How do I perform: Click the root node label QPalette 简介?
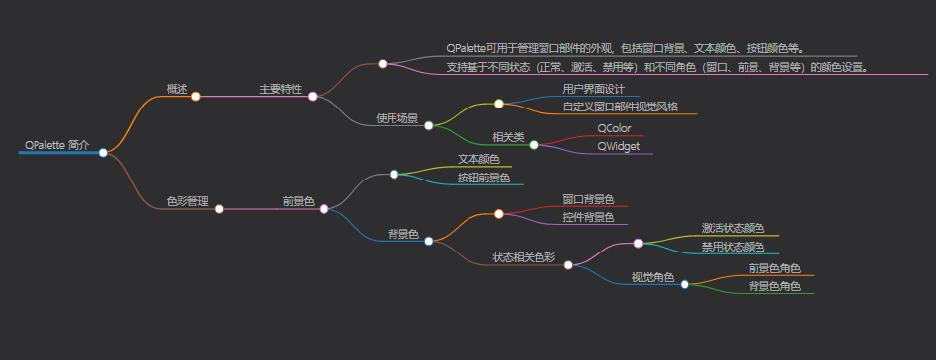tap(57, 145)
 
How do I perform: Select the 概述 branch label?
tap(177, 89)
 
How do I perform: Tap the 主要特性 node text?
tap(280, 89)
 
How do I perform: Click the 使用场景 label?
tap(396, 118)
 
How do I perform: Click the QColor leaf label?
tap(613, 128)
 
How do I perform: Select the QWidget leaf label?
tap(618, 146)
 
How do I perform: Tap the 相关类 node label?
tap(508, 137)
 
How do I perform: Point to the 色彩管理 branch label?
tap(187, 201)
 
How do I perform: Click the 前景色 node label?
tap(298, 201)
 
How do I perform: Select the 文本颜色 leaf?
tap(478, 159)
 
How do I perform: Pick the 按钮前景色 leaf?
tap(483, 178)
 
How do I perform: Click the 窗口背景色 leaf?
tap(589, 199)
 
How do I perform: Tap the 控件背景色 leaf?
tap(589, 217)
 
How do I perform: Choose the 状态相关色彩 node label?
tap(524, 257)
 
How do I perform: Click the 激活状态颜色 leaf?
tap(733, 229)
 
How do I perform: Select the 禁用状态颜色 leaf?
tap(733, 247)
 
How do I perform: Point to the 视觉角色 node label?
tap(653, 276)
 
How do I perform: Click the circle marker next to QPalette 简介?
tap(103, 152)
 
